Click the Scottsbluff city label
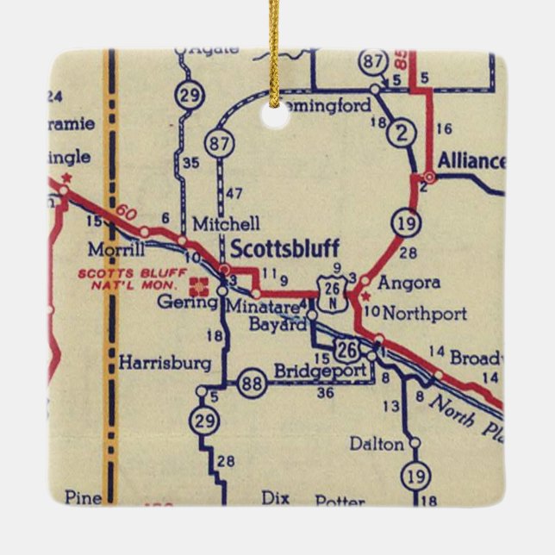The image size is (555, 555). [284, 248]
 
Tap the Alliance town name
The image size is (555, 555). [471, 161]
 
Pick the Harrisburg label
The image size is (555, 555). [165, 364]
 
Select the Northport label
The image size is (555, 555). [424, 312]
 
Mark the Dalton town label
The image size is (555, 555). [377, 444]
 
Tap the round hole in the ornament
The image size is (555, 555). [276, 115]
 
